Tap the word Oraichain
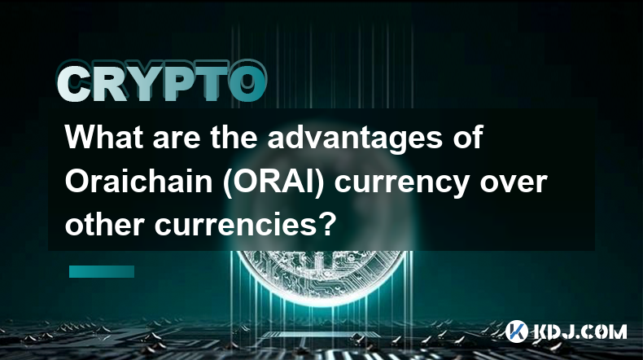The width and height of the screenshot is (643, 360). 138,182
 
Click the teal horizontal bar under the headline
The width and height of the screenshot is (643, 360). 102,271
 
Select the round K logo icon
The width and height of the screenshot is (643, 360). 516,331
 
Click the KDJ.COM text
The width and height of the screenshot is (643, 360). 580,331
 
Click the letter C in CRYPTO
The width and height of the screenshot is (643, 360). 75,85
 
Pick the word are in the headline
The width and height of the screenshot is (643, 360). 177,140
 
